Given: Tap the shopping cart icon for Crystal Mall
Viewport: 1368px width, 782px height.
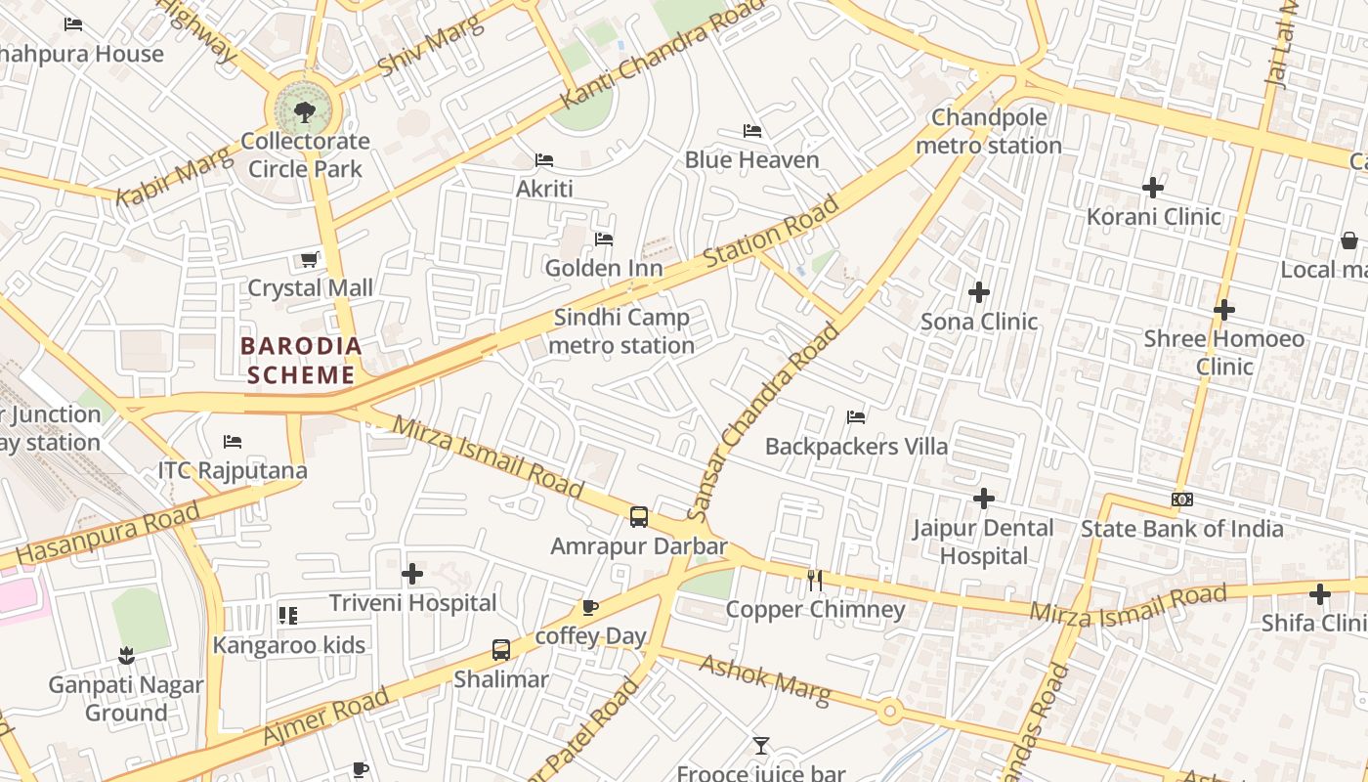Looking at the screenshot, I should point(309,259).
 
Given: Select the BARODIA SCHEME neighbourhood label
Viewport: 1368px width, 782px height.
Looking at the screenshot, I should point(301,360).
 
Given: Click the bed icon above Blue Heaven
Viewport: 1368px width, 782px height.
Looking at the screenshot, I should point(751,131).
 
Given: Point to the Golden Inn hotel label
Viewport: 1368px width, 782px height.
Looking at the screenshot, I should point(603,268).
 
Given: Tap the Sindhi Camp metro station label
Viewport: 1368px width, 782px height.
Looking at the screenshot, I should point(621,331).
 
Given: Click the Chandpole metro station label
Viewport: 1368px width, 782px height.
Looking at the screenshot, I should point(989,131).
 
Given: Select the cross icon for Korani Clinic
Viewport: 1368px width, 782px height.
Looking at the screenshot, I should point(1153,188).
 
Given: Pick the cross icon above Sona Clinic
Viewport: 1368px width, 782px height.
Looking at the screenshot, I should point(978,292).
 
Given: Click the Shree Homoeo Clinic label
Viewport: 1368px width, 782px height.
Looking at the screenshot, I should point(1224,352).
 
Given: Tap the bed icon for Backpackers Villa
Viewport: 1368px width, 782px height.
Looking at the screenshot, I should point(856,417).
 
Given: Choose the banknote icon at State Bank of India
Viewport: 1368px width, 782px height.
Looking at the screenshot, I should point(1181,500).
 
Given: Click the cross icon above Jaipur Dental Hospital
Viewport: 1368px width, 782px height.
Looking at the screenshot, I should point(983,499).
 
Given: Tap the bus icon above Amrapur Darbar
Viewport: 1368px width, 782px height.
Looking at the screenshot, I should point(638,517).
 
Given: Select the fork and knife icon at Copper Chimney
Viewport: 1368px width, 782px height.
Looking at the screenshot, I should point(815,581).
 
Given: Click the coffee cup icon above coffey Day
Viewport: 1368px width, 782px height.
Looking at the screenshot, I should point(590,607).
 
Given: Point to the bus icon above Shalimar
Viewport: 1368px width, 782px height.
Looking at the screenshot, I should point(500,649).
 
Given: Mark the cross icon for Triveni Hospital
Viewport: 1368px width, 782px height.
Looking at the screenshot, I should point(412,574).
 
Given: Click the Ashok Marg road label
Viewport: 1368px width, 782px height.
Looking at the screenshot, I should point(765,676).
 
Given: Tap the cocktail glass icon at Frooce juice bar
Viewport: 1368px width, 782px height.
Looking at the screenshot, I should point(760,746).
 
